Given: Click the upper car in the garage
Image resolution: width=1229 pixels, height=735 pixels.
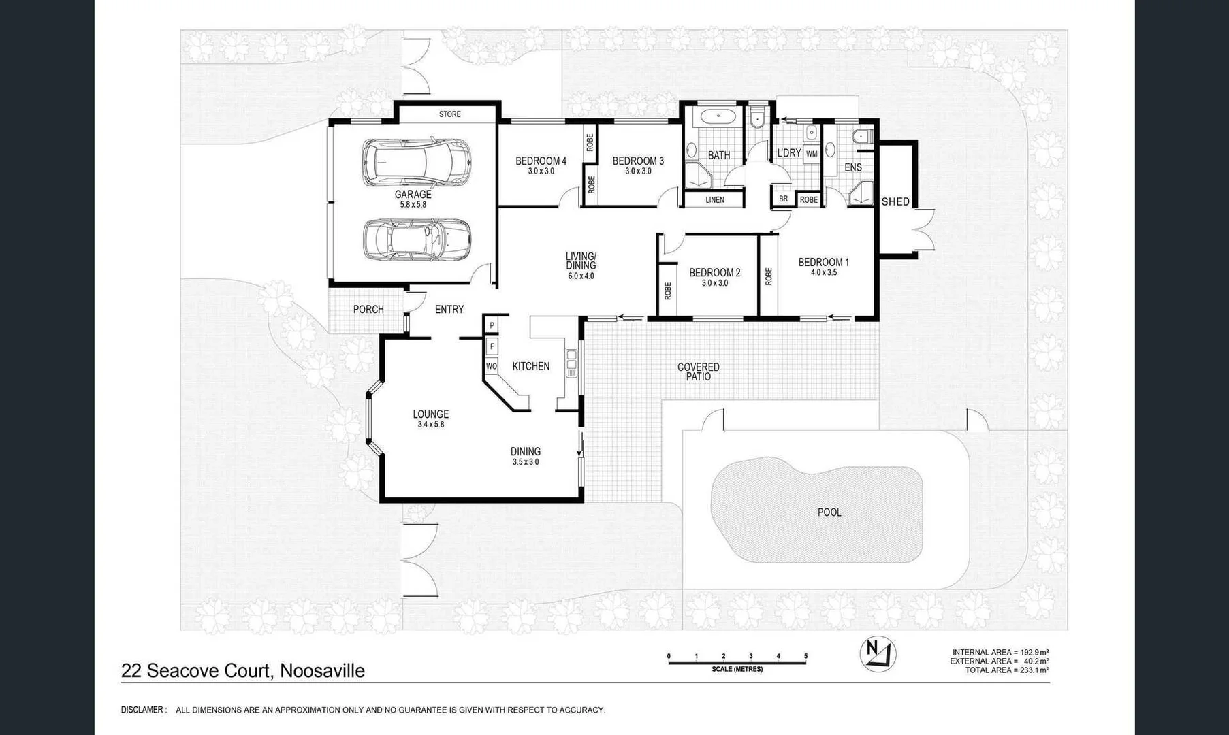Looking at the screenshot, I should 416,163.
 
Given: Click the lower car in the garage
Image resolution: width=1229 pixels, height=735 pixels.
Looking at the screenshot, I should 416,240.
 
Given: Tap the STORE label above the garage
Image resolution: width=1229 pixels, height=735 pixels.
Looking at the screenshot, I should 449,114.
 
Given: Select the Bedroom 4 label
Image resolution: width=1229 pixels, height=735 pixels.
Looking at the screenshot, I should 541,161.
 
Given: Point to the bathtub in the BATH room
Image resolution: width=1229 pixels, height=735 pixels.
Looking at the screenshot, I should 718,116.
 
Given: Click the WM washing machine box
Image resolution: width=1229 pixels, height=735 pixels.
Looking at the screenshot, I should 812,154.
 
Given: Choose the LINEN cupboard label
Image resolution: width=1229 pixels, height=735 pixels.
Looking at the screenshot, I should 715,200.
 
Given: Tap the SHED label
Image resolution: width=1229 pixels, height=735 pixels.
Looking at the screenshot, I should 895,201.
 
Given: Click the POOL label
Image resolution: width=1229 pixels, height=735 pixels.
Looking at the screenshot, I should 829,512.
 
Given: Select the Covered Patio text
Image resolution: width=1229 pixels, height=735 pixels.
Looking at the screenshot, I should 698,372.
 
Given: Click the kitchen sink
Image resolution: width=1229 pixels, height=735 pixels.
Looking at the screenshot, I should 571,363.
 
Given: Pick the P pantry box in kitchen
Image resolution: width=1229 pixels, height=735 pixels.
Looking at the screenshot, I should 492,325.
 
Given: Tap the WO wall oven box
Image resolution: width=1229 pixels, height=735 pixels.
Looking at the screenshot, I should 491,366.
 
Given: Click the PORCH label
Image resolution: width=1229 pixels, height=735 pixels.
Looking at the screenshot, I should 368,310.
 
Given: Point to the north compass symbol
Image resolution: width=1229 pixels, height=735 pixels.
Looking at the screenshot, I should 877,653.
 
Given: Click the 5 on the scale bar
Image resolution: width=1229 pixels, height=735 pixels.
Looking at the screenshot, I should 805,657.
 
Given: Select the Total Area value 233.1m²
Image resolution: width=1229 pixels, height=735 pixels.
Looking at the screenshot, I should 1034,670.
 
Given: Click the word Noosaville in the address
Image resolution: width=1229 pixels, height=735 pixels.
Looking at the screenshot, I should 322,671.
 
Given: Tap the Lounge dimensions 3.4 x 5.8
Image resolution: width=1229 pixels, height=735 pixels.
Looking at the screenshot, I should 431,425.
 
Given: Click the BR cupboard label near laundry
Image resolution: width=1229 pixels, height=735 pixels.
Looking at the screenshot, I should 783,199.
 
